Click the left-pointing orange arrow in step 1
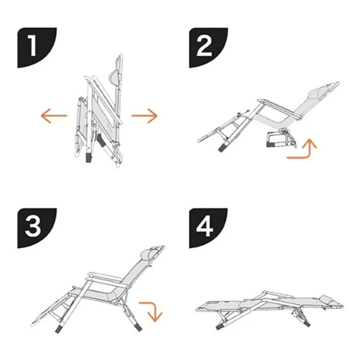coord(54,116)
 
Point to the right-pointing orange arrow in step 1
coord(145,116)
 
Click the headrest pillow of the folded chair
coord(113,77)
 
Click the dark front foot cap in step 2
coord(222,147)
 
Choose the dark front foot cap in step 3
coord(59,329)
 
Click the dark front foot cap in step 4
coord(221,325)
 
